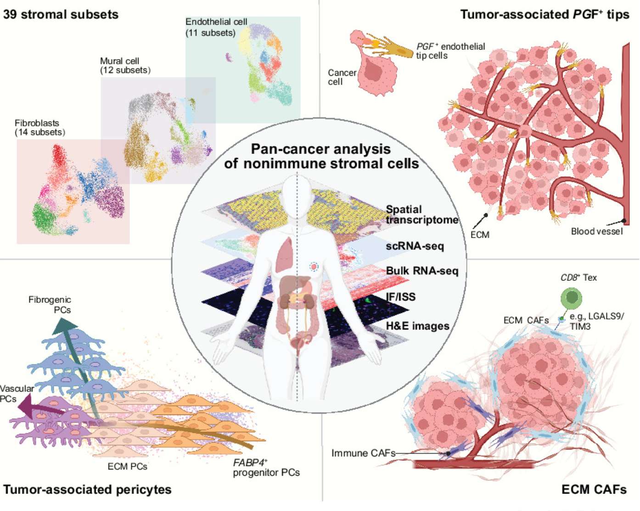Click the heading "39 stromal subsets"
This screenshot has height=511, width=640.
click(61, 14)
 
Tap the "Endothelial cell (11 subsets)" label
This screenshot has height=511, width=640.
click(216, 27)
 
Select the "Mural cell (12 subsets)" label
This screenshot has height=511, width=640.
click(125, 65)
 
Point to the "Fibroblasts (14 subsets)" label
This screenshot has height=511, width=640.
click(39, 127)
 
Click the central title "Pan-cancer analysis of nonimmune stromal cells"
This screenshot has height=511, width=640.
click(321, 156)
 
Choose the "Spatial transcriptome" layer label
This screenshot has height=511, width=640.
click(421, 215)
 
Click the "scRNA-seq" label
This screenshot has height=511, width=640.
click(415, 246)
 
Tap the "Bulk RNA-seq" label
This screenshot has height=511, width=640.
click(422, 271)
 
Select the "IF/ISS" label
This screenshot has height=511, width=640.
click(400, 297)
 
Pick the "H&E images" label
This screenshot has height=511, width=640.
click(417, 326)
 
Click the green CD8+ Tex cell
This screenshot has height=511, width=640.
click(571, 298)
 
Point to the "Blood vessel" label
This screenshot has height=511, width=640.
click(596, 231)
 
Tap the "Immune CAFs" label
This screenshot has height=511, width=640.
click(363, 453)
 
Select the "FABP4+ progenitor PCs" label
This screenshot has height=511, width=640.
click(266, 467)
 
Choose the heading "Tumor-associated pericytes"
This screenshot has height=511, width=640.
click(87, 489)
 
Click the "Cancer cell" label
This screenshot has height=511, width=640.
click(342, 77)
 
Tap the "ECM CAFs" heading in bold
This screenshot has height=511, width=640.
click(594, 489)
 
